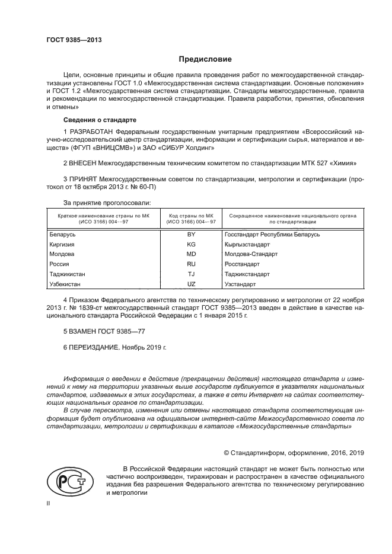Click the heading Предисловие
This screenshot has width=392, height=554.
coord(205,59)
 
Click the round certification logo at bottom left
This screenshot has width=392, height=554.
coord(66,481)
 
